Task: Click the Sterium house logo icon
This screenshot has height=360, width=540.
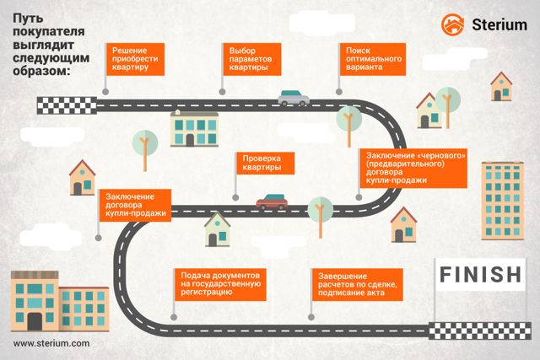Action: tap(452, 24)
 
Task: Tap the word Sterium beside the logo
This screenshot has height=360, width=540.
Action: tap(499, 24)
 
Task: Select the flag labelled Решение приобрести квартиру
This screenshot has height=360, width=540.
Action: tap(135, 59)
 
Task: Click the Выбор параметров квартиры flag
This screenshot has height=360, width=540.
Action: tap(252, 59)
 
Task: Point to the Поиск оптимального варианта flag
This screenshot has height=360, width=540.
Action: tap(373, 59)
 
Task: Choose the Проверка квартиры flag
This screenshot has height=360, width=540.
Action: tap(265, 163)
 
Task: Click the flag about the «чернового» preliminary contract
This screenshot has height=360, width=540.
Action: tap(413, 169)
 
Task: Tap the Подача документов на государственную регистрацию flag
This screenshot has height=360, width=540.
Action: tap(220, 285)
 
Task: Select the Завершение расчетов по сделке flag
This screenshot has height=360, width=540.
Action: tap(358, 285)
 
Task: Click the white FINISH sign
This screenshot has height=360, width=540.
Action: tap(480, 275)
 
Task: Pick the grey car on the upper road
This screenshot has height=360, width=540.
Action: tap(294, 98)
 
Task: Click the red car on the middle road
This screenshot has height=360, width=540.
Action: tap(272, 202)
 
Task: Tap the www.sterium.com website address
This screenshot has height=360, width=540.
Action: tap(51, 343)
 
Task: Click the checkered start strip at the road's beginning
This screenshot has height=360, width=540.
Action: tap(67, 105)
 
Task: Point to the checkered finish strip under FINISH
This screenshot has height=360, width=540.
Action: tap(480, 330)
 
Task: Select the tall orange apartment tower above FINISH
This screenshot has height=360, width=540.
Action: tap(503, 201)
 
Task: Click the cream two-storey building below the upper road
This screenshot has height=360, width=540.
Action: tap(195, 129)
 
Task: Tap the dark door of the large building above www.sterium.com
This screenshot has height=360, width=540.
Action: tap(35, 321)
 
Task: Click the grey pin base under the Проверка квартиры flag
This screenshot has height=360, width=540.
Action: tap(235, 197)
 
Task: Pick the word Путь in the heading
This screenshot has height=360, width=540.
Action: tap(28, 19)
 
